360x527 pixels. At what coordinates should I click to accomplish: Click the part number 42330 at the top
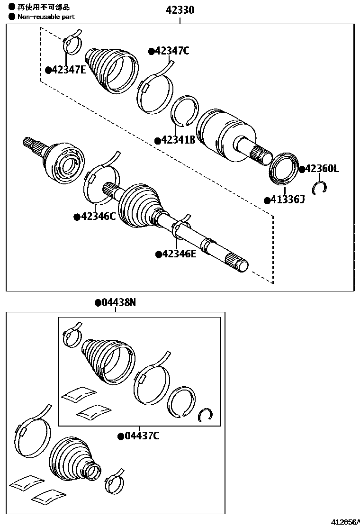(x=180, y=10)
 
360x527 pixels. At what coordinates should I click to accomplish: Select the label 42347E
(x=69, y=70)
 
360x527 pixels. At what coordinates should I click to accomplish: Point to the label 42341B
(x=178, y=140)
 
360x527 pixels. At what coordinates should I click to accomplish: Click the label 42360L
(x=322, y=169)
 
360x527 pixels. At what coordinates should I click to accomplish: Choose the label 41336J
(x=287, y=200)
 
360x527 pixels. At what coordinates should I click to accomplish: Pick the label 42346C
(x=98, y=217)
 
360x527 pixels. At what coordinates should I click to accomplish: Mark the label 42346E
(x=179, y=254)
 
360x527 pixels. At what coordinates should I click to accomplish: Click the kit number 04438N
(x=118, y=302)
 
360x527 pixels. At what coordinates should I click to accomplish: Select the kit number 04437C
(x=141, y=436)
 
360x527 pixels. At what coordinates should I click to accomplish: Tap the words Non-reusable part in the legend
(x=46, y=17)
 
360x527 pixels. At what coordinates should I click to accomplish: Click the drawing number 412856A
(x=344, y=522)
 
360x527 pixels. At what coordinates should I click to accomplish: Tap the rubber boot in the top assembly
(x=112, y=70)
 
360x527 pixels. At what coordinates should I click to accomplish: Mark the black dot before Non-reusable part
(x=12, y=17)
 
